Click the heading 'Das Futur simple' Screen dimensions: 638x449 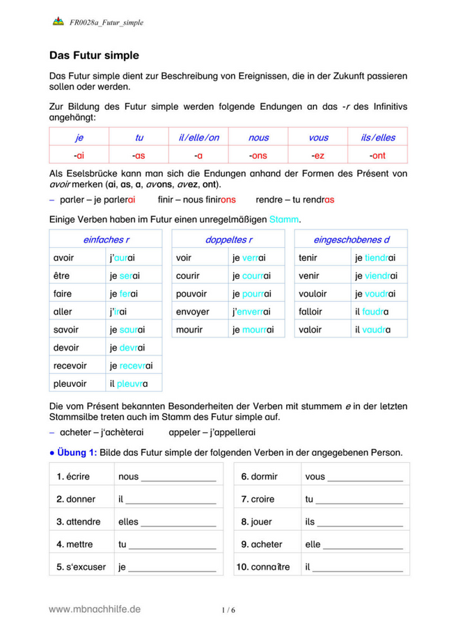(94, 55)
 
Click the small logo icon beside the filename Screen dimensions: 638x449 (59, 22)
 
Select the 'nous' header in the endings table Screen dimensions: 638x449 (258, 138)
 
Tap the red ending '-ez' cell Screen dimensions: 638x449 (318, 155)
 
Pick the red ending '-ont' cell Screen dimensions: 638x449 (377, 155)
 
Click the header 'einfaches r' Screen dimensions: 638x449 (106, 240)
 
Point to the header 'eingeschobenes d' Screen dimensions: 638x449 (351, 240)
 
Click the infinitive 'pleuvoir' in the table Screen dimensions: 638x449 (70, 383)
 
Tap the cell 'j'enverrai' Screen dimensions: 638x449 (251, 312)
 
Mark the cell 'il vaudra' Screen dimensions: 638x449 (372, 330)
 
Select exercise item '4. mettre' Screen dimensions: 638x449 (76, 545)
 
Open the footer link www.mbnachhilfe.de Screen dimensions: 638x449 (95, 609)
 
